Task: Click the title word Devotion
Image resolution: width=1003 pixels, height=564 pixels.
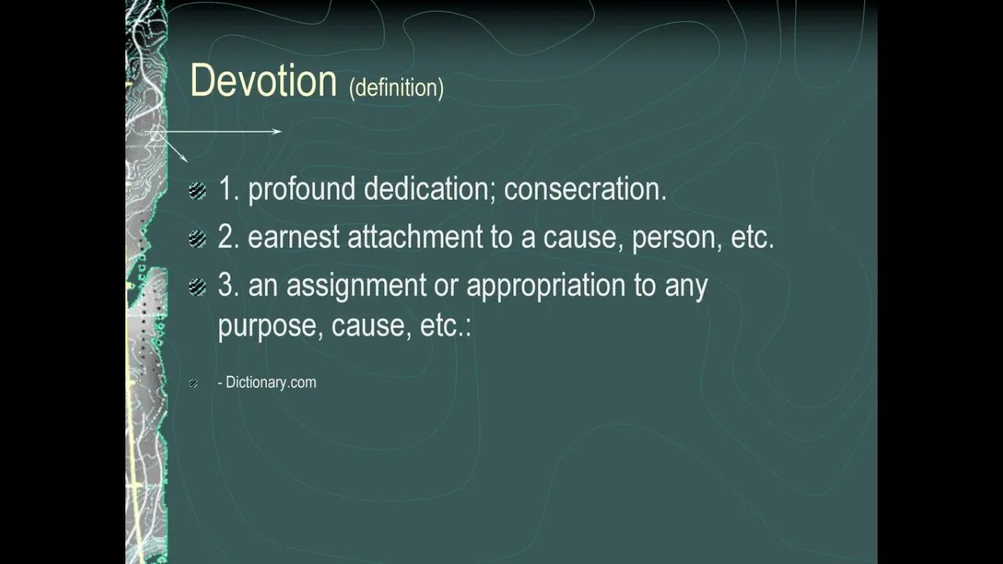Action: pyautogui.click(x=263, y=81)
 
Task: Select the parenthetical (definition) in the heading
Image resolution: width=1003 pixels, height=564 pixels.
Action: pyautogui.click(x=396, y=88)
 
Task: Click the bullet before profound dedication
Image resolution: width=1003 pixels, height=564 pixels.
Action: pyautogui.click(x=197, y=191)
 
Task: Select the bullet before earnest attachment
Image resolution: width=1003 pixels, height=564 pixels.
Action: pyautogui.click(x=197, y=239)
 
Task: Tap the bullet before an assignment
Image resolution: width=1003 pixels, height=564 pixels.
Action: pyautogui.click(x=197, y=287)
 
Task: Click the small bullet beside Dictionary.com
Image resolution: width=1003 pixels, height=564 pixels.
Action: pyautogui.click(x=194, y=383)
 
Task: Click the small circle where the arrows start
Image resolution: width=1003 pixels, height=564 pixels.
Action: pyautogui.click(x=157, y=132)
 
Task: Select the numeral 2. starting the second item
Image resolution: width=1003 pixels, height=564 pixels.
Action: pyautogui.click(x=228, y=238)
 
